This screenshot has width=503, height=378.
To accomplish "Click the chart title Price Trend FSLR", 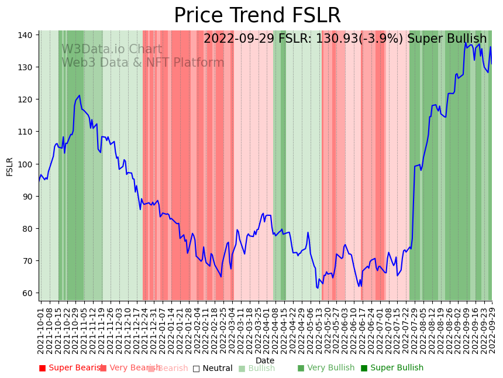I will click(257, 16).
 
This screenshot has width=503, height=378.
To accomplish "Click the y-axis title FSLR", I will click(10, 166).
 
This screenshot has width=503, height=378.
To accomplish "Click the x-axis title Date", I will click(265, 360).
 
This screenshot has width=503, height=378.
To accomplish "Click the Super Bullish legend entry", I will click(397, 368).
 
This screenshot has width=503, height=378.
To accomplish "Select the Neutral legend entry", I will click(217, 369).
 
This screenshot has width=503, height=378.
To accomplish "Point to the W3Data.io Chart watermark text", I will click(112, 49).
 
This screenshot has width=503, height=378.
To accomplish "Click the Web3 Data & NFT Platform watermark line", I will click(143, 63).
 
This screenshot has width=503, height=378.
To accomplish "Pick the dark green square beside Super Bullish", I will click(364, 368).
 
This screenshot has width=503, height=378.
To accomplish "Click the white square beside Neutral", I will click(197, 369).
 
